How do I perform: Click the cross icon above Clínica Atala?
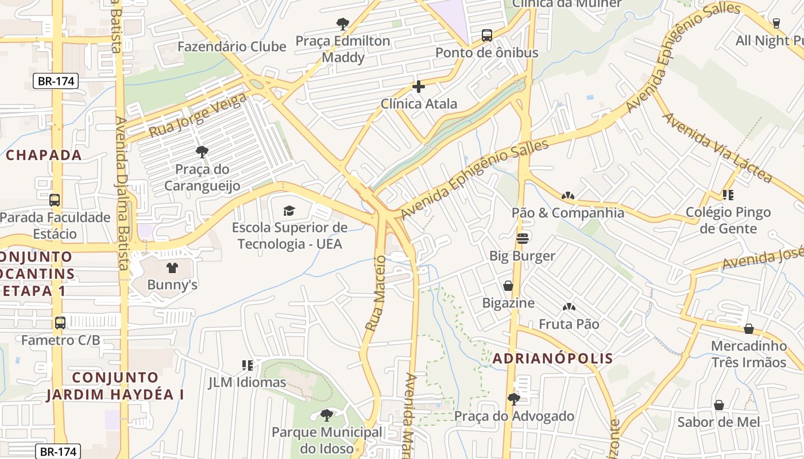coord(419,87)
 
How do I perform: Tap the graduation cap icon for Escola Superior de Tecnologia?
coord(288,211)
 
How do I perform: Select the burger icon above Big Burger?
coord(522,238)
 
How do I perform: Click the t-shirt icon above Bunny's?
coord(172,267)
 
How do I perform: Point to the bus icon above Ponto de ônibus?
coord(487,36)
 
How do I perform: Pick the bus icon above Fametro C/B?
coord(60,323)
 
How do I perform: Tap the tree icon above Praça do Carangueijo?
coord(202,152)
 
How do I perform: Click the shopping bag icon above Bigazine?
coord(508,286)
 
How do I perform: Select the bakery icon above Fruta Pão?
coord(569,308)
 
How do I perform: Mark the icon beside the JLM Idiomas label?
coord(248,365)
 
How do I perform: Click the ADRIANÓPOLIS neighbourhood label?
coord(552,359)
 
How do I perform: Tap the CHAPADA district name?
coord(44,155)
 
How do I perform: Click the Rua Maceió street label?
coord(377,293)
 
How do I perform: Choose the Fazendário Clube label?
coord(231,46)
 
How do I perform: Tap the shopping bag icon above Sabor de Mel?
coord(718,406)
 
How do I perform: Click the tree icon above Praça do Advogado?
coord(514,399)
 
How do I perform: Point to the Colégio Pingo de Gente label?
coord(728,220)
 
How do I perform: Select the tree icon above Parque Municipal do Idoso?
coord(326,415)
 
